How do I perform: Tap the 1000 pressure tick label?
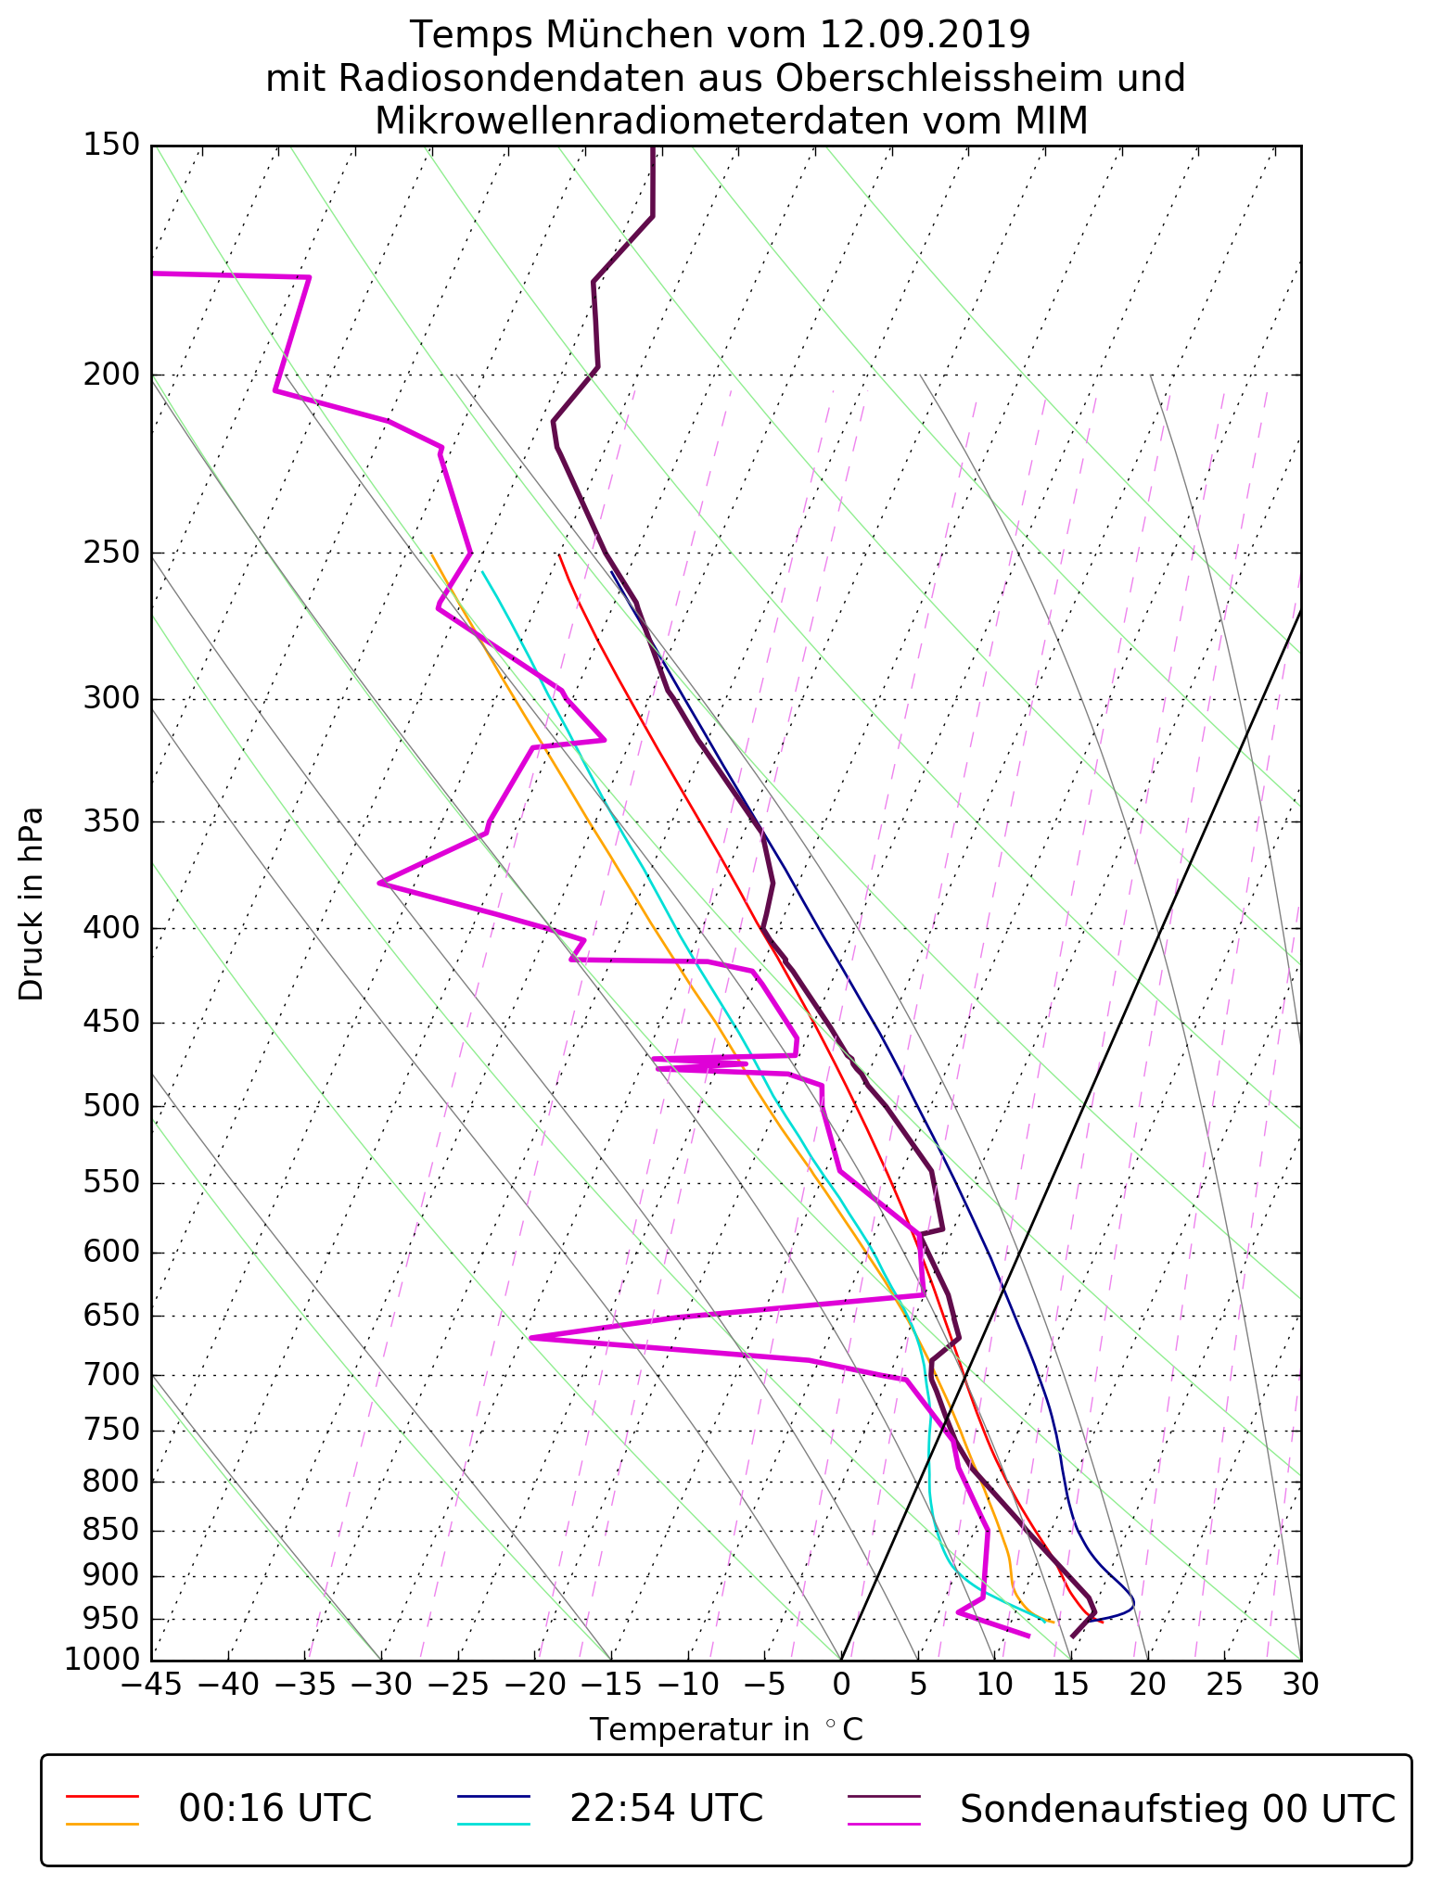point(101,1659)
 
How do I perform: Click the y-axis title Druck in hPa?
point(32,904)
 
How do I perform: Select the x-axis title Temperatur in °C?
point(726,1730)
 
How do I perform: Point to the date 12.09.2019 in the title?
point(925,35)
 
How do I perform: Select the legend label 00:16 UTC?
point(275,1808)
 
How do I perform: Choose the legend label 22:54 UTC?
point(666,1808)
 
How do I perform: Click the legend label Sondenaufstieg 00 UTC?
point(1177,1808)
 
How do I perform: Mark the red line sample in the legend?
point(102,1796)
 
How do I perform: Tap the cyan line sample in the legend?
point(493,1823)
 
